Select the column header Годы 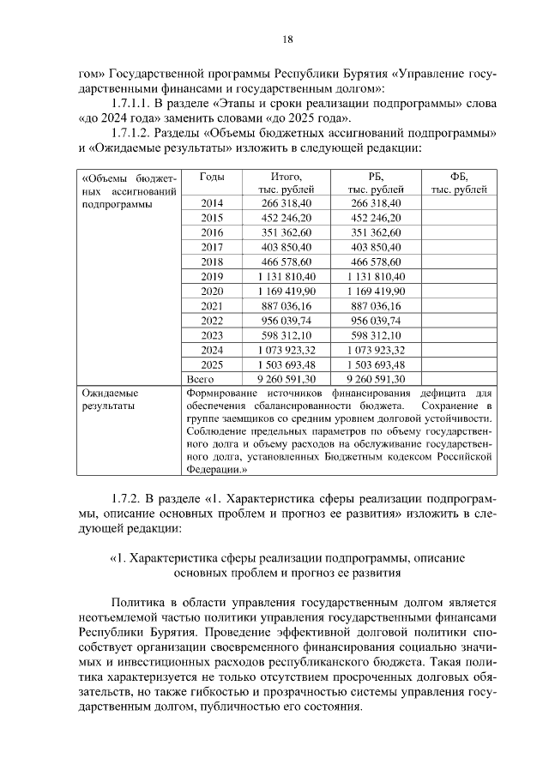[212, 176]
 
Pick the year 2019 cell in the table [212, 276]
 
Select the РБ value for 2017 [376, 247]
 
